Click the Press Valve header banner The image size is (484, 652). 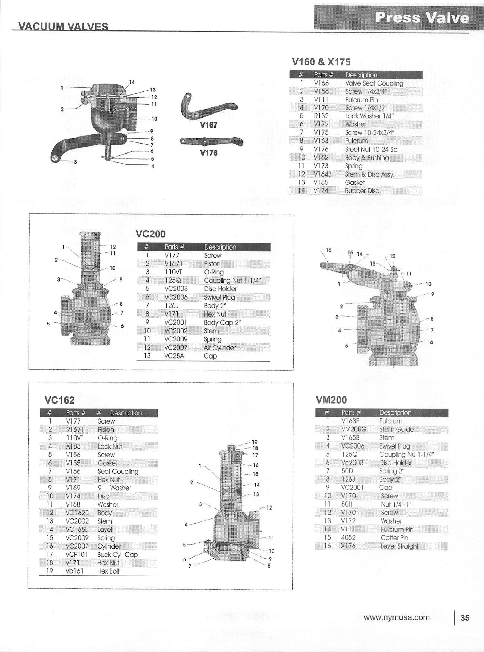pos(422,17)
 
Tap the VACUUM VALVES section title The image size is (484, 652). pos(63,26)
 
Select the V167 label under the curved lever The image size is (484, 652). pos(208,125)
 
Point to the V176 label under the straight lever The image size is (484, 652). pos(208,153)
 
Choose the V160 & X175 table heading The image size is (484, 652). pos(321,62)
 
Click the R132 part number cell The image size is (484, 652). pos(321,116)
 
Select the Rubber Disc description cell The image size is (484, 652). pos(362,191)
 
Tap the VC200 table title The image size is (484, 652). pos(151,234)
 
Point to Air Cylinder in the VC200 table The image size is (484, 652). pos(220,348)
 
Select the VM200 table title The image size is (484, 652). pos(331,400)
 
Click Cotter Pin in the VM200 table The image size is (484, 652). pos(394,538)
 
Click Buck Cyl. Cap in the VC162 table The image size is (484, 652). pos(117,555)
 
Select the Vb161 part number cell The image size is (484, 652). pos(74,571)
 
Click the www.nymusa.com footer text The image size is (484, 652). pos(397,617)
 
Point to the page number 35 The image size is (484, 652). pos(465,618)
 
